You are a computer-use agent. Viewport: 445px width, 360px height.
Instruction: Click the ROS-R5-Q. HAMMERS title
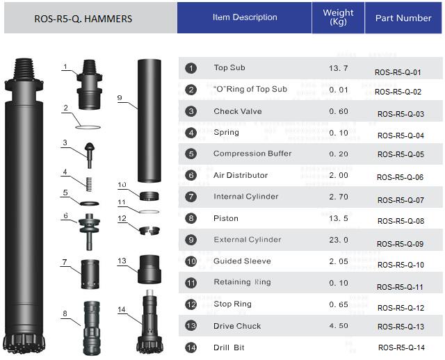point(83,19)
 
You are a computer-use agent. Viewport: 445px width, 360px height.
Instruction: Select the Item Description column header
point(245,17)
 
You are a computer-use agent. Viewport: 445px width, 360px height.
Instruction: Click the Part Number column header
point(403,18)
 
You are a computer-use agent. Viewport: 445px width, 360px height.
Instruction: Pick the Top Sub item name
point(229,68)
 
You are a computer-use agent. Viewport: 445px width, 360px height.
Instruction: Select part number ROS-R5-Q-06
point(400,177)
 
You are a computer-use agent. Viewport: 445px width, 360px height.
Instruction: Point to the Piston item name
point(226,218)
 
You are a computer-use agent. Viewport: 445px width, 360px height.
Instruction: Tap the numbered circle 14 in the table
point(191,347)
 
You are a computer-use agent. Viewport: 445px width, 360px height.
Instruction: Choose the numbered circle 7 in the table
point(191,197)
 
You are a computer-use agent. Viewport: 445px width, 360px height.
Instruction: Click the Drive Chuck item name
point(237,326)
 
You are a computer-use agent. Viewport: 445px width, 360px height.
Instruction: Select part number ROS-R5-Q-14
point(400,348)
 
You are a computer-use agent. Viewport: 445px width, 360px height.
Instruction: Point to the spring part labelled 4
point(88,186)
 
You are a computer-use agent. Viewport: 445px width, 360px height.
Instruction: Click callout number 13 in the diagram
point(122,261)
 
